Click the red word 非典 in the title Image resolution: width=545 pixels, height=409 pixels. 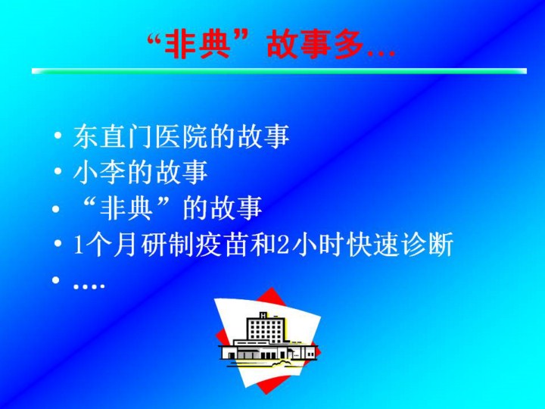pyautogui.click(x=197, y=45)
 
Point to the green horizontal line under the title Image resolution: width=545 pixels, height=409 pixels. pyautogui.click(x=279, y=71)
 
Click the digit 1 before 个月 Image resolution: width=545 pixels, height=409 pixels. pyautogui.click(x=78, y=245)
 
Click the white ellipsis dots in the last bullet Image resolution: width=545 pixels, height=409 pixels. pyautogui.click(x=89, y=286)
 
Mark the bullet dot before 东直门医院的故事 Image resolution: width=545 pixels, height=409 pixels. pyautogui.click(x=58, y=136)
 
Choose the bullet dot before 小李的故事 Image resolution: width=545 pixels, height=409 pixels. pyautogui.click(x=58, y=171)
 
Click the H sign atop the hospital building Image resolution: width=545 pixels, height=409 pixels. pyautogui.click(x=263, y=315)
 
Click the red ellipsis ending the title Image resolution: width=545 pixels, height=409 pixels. pyautogui.click(x=381, y=54)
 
